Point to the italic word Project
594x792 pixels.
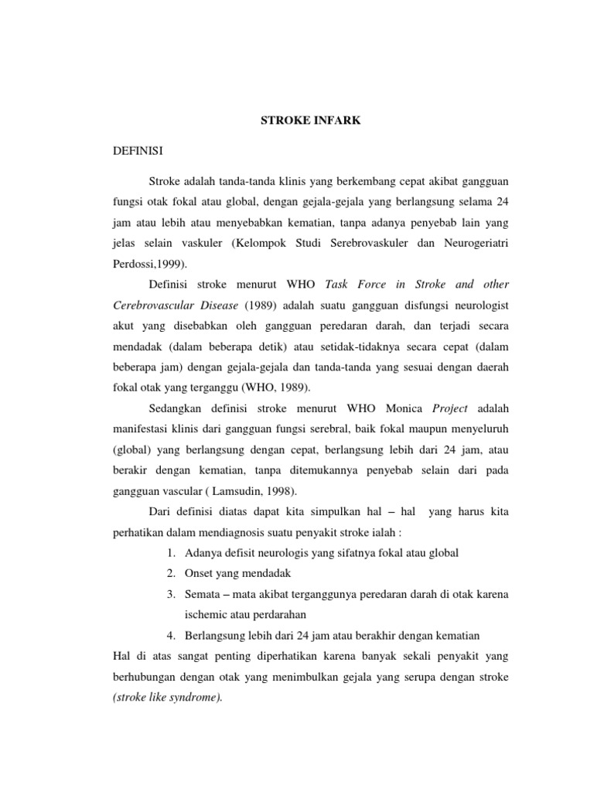451,408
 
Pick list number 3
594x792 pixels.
170,594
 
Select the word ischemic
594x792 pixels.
210,615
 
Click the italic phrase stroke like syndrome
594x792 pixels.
166,697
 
